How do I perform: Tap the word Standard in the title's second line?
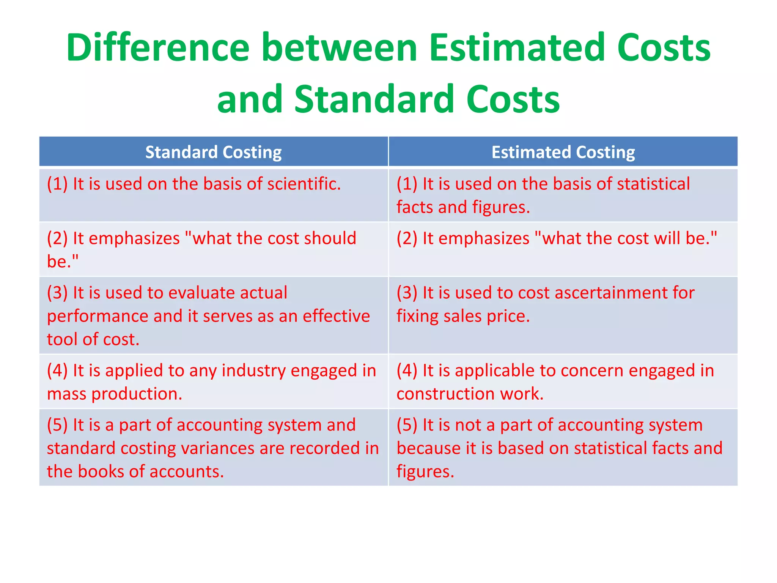[x=374, y=99]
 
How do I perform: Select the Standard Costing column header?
[x=214, y=152]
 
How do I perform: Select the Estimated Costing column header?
[x=563, y=152]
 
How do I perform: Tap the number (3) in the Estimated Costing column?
[x=407, y=293]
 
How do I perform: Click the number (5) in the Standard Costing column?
[x=57, y=425]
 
